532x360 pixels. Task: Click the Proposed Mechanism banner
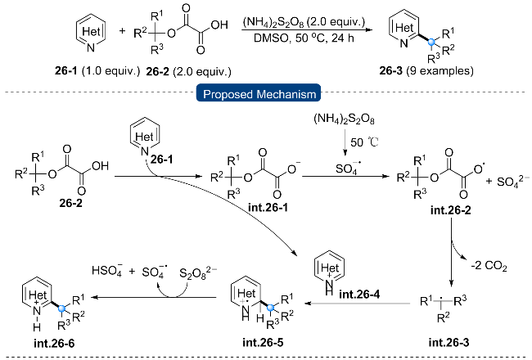(259, 93)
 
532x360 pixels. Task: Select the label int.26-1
(268, 207)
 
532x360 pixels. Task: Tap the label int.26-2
(451, 210)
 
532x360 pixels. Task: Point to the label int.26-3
(449, 342)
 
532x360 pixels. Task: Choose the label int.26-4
(359, 295)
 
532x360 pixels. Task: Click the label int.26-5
(263, 342)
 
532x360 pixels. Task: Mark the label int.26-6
(54, 344)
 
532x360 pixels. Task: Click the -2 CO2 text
(489, 265)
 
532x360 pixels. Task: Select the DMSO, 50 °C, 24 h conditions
(304, 38)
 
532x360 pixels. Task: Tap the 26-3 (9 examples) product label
(426, 70)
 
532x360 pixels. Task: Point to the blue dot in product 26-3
(431, 43)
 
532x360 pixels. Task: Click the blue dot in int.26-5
(270, 308)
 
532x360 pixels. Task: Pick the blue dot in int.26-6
(61, 308)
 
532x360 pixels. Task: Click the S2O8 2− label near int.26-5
(198, 272)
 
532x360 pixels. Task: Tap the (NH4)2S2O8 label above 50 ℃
(344, 119)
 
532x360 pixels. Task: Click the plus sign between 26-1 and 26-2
(122, 31)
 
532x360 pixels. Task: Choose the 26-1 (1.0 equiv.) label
(97, 71)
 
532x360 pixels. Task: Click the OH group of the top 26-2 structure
(219, 25)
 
